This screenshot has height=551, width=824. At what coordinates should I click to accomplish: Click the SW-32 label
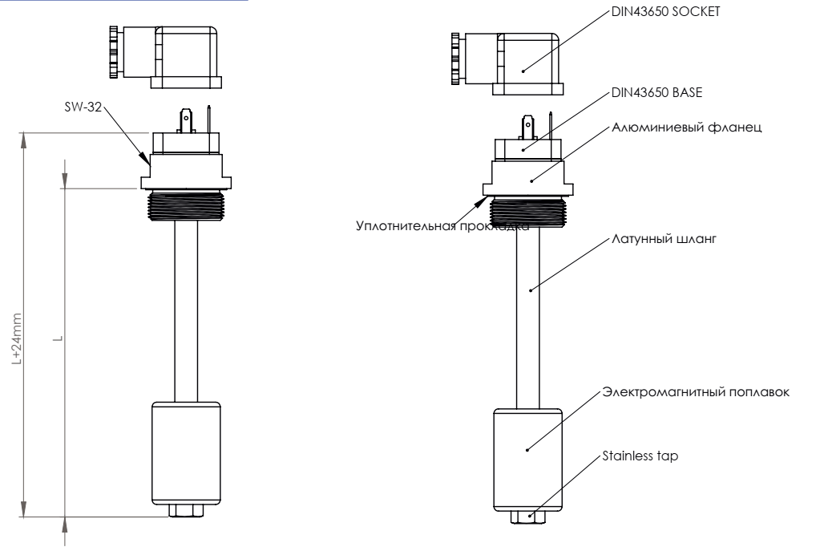coord(83,107)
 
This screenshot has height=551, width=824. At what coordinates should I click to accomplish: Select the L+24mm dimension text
coord(17,339)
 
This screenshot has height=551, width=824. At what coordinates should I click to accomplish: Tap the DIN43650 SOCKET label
coord(665,11)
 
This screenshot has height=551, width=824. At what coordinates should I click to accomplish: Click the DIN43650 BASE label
coord(657,92)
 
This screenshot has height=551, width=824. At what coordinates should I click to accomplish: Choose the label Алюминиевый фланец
coord(686,128)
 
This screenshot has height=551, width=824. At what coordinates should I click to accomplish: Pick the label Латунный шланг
coord(664,239)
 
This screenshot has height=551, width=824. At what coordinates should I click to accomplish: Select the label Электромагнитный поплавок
coord(696,392)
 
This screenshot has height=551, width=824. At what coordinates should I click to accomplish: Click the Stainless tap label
coord(640,456)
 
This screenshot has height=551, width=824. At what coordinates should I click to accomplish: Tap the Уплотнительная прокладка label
coord(442,226)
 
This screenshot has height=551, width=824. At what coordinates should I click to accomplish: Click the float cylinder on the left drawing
coord(186,453)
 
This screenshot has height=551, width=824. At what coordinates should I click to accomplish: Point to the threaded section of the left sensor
coord(187,205)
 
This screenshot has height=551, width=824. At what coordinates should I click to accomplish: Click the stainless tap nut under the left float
coord(186,511)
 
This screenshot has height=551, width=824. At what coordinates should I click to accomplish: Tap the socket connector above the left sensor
coord(166,57)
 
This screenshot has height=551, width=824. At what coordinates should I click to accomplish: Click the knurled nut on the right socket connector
coord(455,59)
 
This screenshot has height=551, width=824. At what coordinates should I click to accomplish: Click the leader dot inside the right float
coord(527,450)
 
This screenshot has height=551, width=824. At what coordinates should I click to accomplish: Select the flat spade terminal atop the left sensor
coord(186,120)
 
